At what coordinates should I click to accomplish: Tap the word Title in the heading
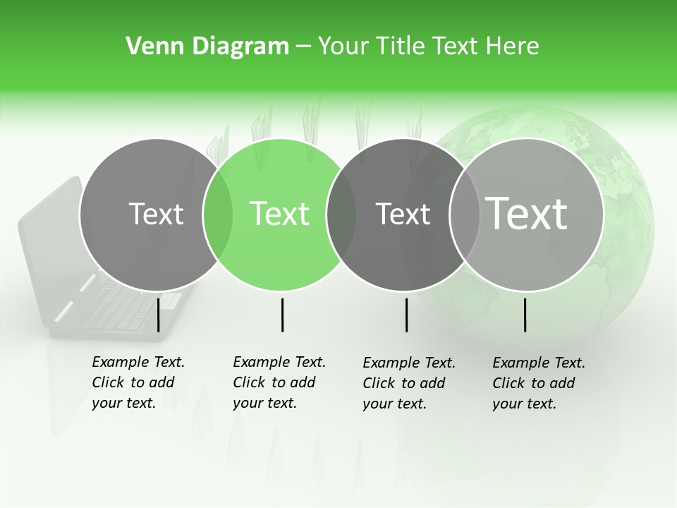click(401, 47)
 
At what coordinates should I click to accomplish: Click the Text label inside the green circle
click(280, 214)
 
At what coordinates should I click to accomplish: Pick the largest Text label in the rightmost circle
click(527, 214)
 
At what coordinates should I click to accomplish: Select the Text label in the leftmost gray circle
click(156, 214)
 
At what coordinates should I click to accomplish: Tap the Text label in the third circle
click(403, 214)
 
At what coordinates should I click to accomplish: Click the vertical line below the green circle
click(282, 315)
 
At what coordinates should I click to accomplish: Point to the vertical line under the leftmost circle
click(158, 315)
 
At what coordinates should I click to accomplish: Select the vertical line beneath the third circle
click(406, 315)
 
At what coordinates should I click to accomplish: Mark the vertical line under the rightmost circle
click(525, 315)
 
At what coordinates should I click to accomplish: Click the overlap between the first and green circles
click(218, 214)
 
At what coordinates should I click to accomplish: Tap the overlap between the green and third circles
click(341, 214)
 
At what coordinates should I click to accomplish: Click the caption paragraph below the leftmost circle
click(138, 382)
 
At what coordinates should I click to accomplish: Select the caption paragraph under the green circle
click(279, 382)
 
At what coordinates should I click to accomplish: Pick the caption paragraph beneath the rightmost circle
click(538, 383)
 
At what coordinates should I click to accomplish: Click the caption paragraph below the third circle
click(408, 383)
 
